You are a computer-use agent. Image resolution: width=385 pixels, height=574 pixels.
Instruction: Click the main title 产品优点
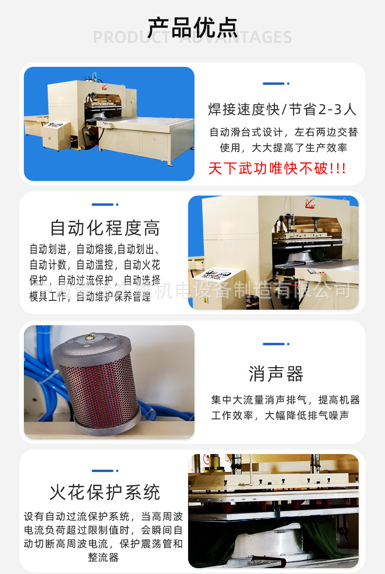click(192, 27)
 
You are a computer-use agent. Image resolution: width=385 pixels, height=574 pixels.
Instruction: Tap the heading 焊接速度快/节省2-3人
click(283, 109)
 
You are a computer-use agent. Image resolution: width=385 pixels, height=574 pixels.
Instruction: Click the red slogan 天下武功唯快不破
click(277, 169)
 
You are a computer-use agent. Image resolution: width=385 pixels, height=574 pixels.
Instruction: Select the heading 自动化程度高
click(105, 228)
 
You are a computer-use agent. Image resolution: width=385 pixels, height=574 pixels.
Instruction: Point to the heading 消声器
click(276, 374)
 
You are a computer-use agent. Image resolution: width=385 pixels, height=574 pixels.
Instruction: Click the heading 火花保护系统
click(105, 492)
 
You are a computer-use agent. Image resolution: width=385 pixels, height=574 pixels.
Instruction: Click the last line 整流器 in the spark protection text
click(103, 557)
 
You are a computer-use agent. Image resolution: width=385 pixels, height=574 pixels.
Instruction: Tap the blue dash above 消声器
click(276, 344)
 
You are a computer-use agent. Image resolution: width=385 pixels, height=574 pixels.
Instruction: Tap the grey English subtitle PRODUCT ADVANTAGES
click(192, 38)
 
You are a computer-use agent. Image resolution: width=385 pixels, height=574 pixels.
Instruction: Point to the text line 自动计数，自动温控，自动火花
click(95, 265)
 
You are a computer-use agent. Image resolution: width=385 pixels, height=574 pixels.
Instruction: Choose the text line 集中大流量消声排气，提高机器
click(285, 400)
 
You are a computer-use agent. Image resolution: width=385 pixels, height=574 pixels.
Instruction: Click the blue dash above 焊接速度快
click(276, 84)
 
